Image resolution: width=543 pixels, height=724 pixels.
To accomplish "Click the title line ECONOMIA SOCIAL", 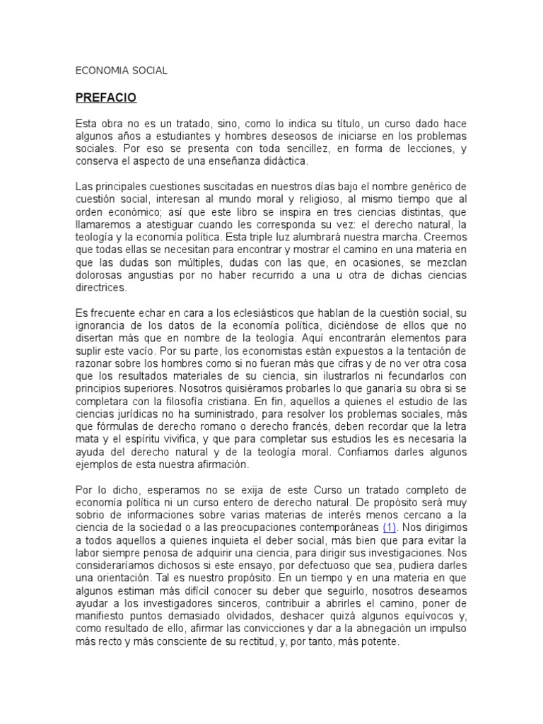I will (x=121, y=71).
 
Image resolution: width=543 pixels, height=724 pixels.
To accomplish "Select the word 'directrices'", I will (x=100, y=288).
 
